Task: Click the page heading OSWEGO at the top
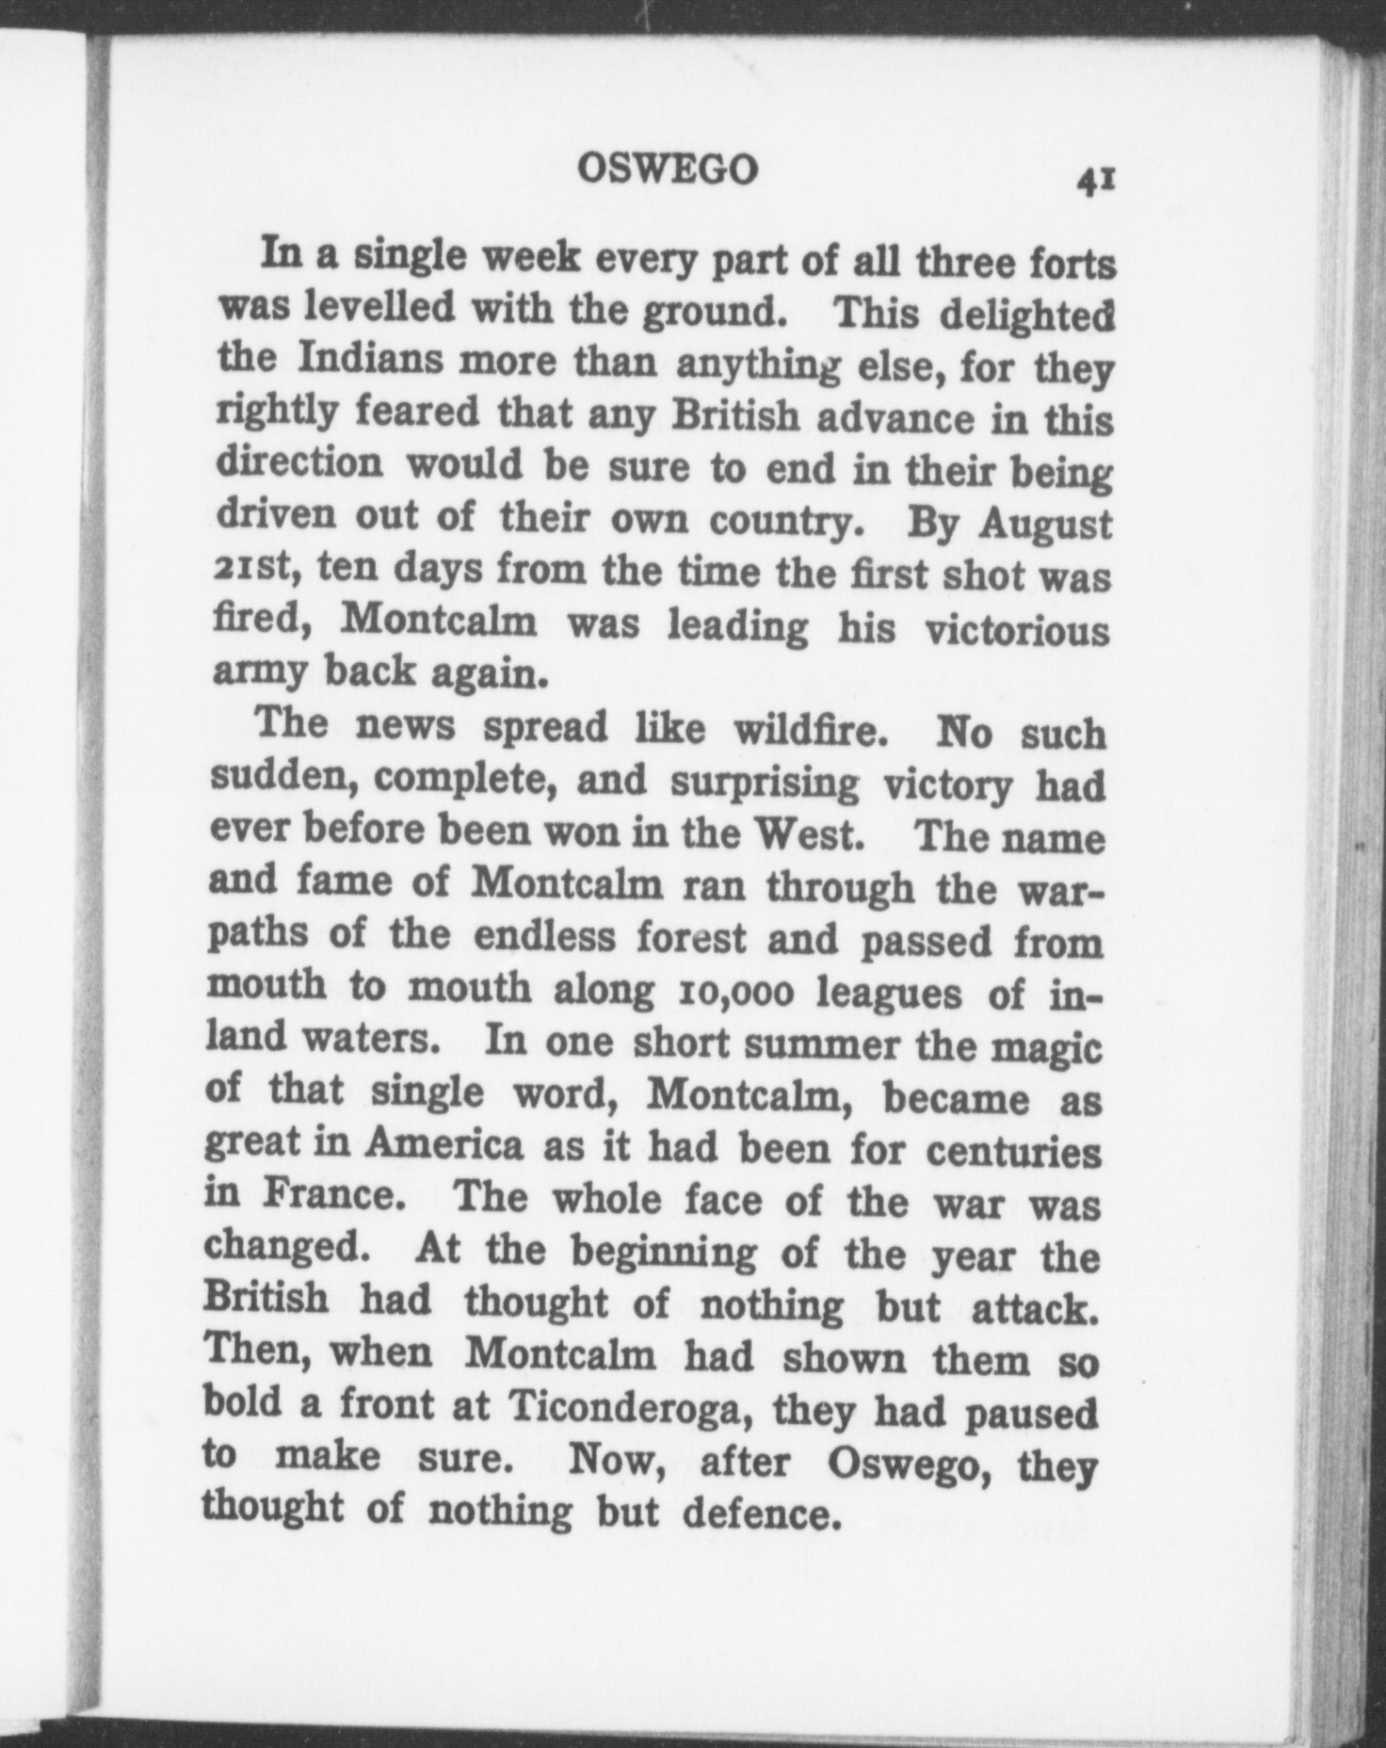pos(667,170)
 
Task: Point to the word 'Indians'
pos(363,359)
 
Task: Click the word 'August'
pos(1046,524)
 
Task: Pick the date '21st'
pos(254,567)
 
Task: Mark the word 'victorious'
pos(1017,629)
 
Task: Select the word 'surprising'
pos(765,784)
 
